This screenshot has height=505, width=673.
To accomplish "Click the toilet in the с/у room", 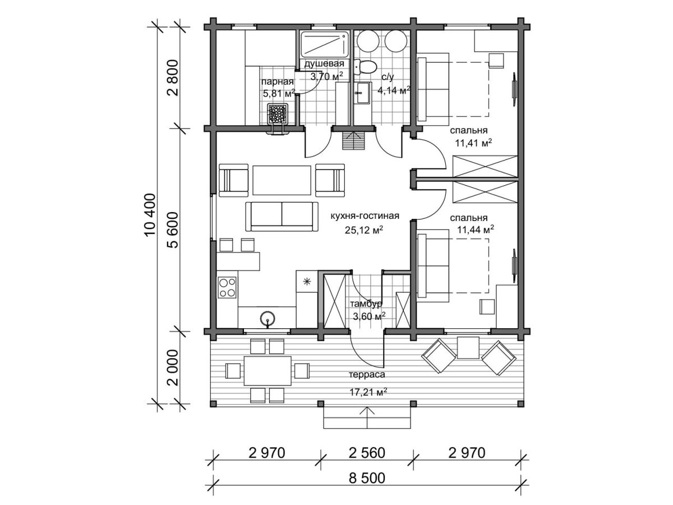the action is pos(365,67).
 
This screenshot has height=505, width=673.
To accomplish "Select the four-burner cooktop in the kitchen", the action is pos(227,288).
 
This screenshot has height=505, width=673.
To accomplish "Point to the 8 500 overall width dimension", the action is pos(367,478).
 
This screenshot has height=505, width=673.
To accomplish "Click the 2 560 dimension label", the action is pos(367,453).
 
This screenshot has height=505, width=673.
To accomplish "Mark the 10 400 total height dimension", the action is pos(150,215).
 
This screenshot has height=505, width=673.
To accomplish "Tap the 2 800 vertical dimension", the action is pos(173,77).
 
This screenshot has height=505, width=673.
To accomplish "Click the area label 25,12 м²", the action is pos(364,230).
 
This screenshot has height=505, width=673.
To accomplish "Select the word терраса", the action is pos(367,374).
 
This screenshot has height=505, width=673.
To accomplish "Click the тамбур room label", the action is pos(366,304).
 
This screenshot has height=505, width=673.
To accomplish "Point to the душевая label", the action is pos(324,64).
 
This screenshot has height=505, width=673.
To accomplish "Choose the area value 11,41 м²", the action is pos(474,143).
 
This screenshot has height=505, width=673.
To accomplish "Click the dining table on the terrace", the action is pos(268,371).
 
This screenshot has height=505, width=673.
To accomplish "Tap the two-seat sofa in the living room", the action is pos(282,216).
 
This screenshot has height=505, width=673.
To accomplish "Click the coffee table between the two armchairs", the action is pos(282,180).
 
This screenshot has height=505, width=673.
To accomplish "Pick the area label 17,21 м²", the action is pos(368,392).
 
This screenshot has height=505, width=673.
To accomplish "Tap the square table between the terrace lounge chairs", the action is pos(468,348).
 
